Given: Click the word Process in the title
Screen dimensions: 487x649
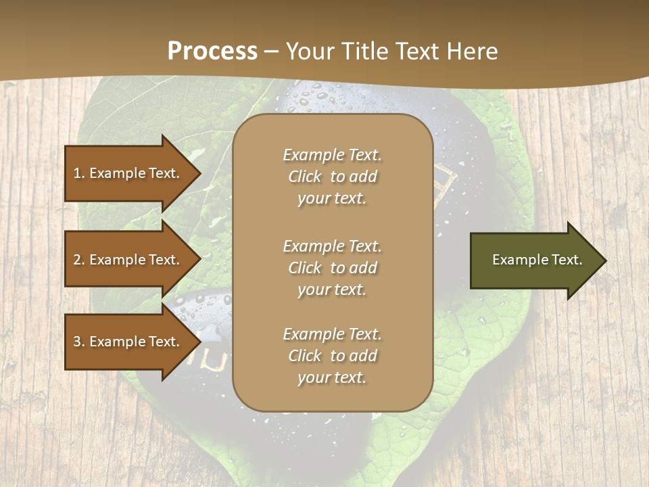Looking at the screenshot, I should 212,51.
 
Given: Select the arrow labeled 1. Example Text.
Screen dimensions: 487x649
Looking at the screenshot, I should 128,173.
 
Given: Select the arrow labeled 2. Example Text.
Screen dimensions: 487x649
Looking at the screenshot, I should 128,260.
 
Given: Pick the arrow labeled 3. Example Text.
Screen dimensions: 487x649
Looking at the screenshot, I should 128,342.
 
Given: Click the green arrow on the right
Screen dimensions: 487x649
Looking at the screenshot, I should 534,260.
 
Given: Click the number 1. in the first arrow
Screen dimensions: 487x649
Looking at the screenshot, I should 79,173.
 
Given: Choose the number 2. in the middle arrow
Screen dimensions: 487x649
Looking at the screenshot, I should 79,260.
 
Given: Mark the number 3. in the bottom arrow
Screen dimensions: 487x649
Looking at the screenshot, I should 79,342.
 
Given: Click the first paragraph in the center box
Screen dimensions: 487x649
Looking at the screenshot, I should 332,177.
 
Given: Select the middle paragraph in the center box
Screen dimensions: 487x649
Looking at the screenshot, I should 332,268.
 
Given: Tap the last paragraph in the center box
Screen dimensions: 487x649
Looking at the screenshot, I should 332,356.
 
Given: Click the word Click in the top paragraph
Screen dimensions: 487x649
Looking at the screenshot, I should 304,177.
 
